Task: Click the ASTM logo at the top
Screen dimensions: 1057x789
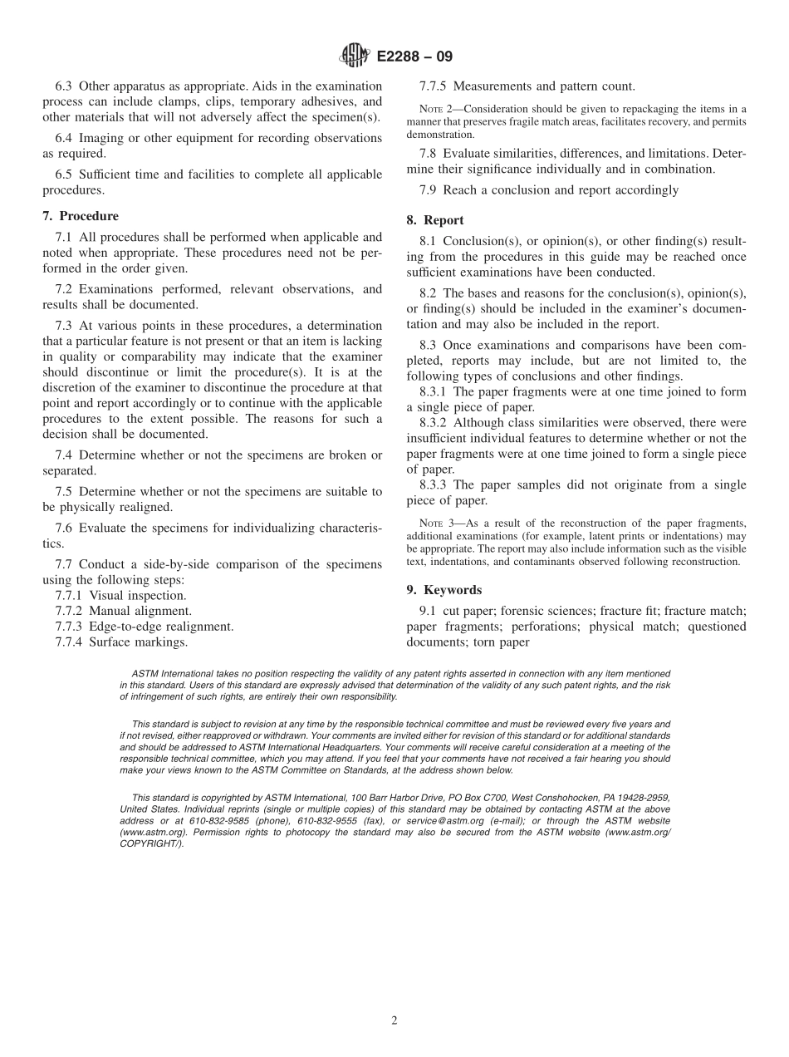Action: coord(355,57)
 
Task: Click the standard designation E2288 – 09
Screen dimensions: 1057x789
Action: coord(414,57)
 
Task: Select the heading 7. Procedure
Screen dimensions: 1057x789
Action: coord(80,216)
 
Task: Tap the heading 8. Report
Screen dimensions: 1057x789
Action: coord(435,220)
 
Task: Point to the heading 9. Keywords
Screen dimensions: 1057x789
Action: coord(444,590)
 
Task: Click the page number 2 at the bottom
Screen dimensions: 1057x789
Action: coord(394,1021)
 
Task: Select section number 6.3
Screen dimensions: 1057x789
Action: coord(64,86)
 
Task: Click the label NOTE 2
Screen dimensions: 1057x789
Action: coord(432,109)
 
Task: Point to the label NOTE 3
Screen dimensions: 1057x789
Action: coord(432,523)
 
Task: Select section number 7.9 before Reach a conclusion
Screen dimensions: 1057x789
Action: coord(429,190)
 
